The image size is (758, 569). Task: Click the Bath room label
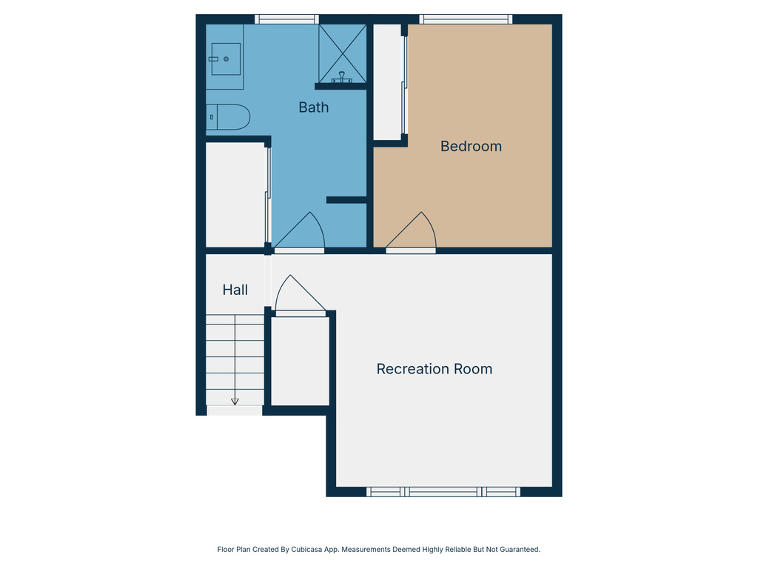pos(313,107)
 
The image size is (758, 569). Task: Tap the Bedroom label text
pos(471,146)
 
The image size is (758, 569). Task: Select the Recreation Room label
pos(434,369)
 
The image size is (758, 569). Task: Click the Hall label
pos(235,290)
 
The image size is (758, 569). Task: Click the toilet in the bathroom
pos(229,117)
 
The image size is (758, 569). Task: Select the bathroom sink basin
pos(226,59)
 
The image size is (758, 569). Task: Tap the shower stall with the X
pos(342,52)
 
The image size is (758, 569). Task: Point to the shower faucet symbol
pos(342,77)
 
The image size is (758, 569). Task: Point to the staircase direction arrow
pos(235,401)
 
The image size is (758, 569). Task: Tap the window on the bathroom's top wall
pos(286,19)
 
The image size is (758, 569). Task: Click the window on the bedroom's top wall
pos(465,19)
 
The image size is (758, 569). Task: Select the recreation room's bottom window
pos(443,492)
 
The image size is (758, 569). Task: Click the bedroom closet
pos(386,81)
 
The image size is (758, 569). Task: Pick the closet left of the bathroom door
pos(235,194)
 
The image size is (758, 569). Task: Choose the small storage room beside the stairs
pos(300,361)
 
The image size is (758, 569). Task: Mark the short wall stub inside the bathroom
pos(346,199)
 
